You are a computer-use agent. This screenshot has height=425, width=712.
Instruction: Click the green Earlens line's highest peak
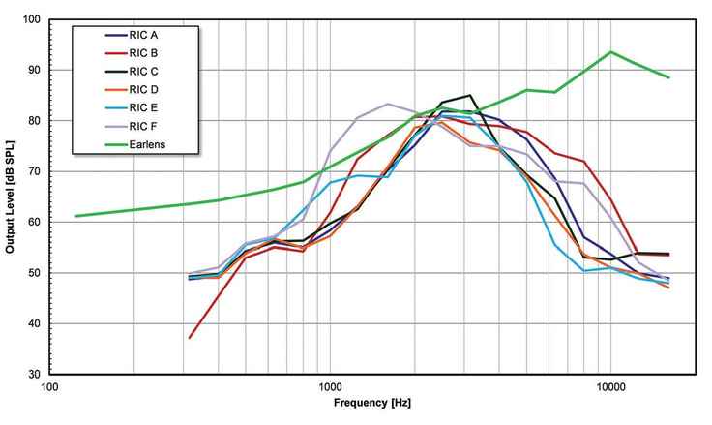pos(611,52)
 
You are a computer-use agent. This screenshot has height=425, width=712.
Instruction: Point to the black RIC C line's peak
pos(470,96)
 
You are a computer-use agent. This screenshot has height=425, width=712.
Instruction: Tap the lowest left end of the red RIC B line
pos(190,338)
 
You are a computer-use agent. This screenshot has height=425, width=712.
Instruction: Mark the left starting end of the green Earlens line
pos(76,216)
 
